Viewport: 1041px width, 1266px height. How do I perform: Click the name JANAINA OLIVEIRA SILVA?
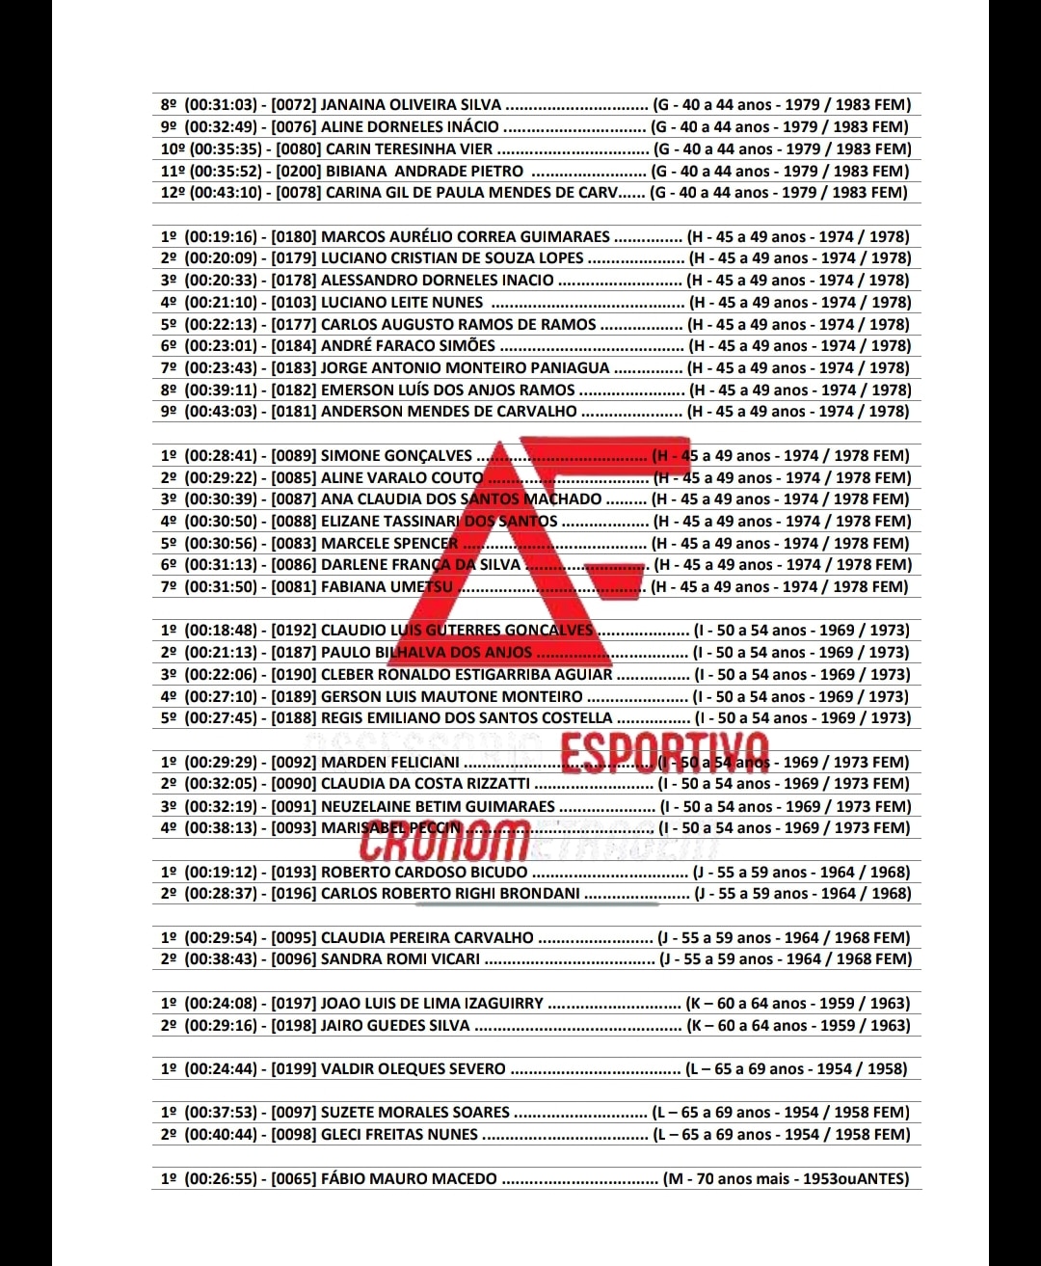click(411, 105)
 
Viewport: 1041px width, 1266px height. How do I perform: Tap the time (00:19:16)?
click(221, 237)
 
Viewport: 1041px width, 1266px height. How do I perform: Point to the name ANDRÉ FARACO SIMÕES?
click(408, 346)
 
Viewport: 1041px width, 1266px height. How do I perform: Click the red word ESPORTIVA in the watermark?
click(665, 754)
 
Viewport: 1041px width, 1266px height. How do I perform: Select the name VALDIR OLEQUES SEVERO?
click(413, 1069)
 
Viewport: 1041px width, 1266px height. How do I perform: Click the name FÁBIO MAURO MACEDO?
click(409, 1179)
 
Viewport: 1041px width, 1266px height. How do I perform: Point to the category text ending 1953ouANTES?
click(786, 1179)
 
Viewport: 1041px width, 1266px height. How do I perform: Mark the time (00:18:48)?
click(221, 631)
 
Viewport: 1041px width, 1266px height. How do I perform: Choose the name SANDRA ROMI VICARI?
click(400, 959)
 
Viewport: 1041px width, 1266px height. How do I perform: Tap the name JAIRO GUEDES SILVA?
click(395, 1026)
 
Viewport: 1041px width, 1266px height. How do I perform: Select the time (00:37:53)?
click(221, 1113)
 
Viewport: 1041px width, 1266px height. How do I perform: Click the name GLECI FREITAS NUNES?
click(399, 1135)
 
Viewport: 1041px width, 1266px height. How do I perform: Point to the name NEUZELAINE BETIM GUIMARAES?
click(438, 807)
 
